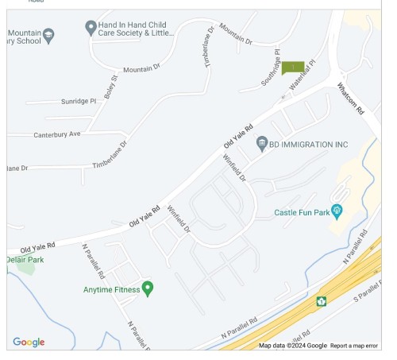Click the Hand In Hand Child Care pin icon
coord(91,28)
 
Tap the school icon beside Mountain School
coord(49,35)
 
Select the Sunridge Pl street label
coord(79,102)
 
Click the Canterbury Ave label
coord(57,134)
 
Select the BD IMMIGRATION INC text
coord(309,145)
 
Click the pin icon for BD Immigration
coord(261,144)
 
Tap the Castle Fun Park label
coord(302,212)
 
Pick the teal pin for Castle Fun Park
coord(337,211)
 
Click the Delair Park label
coord(25,260)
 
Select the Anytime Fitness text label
coord(111,289)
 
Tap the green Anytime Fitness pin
coord(147,288)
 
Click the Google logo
coord(29,343)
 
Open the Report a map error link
coord(354,346)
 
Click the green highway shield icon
coord(322,301)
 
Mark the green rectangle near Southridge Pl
coord(293,67)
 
